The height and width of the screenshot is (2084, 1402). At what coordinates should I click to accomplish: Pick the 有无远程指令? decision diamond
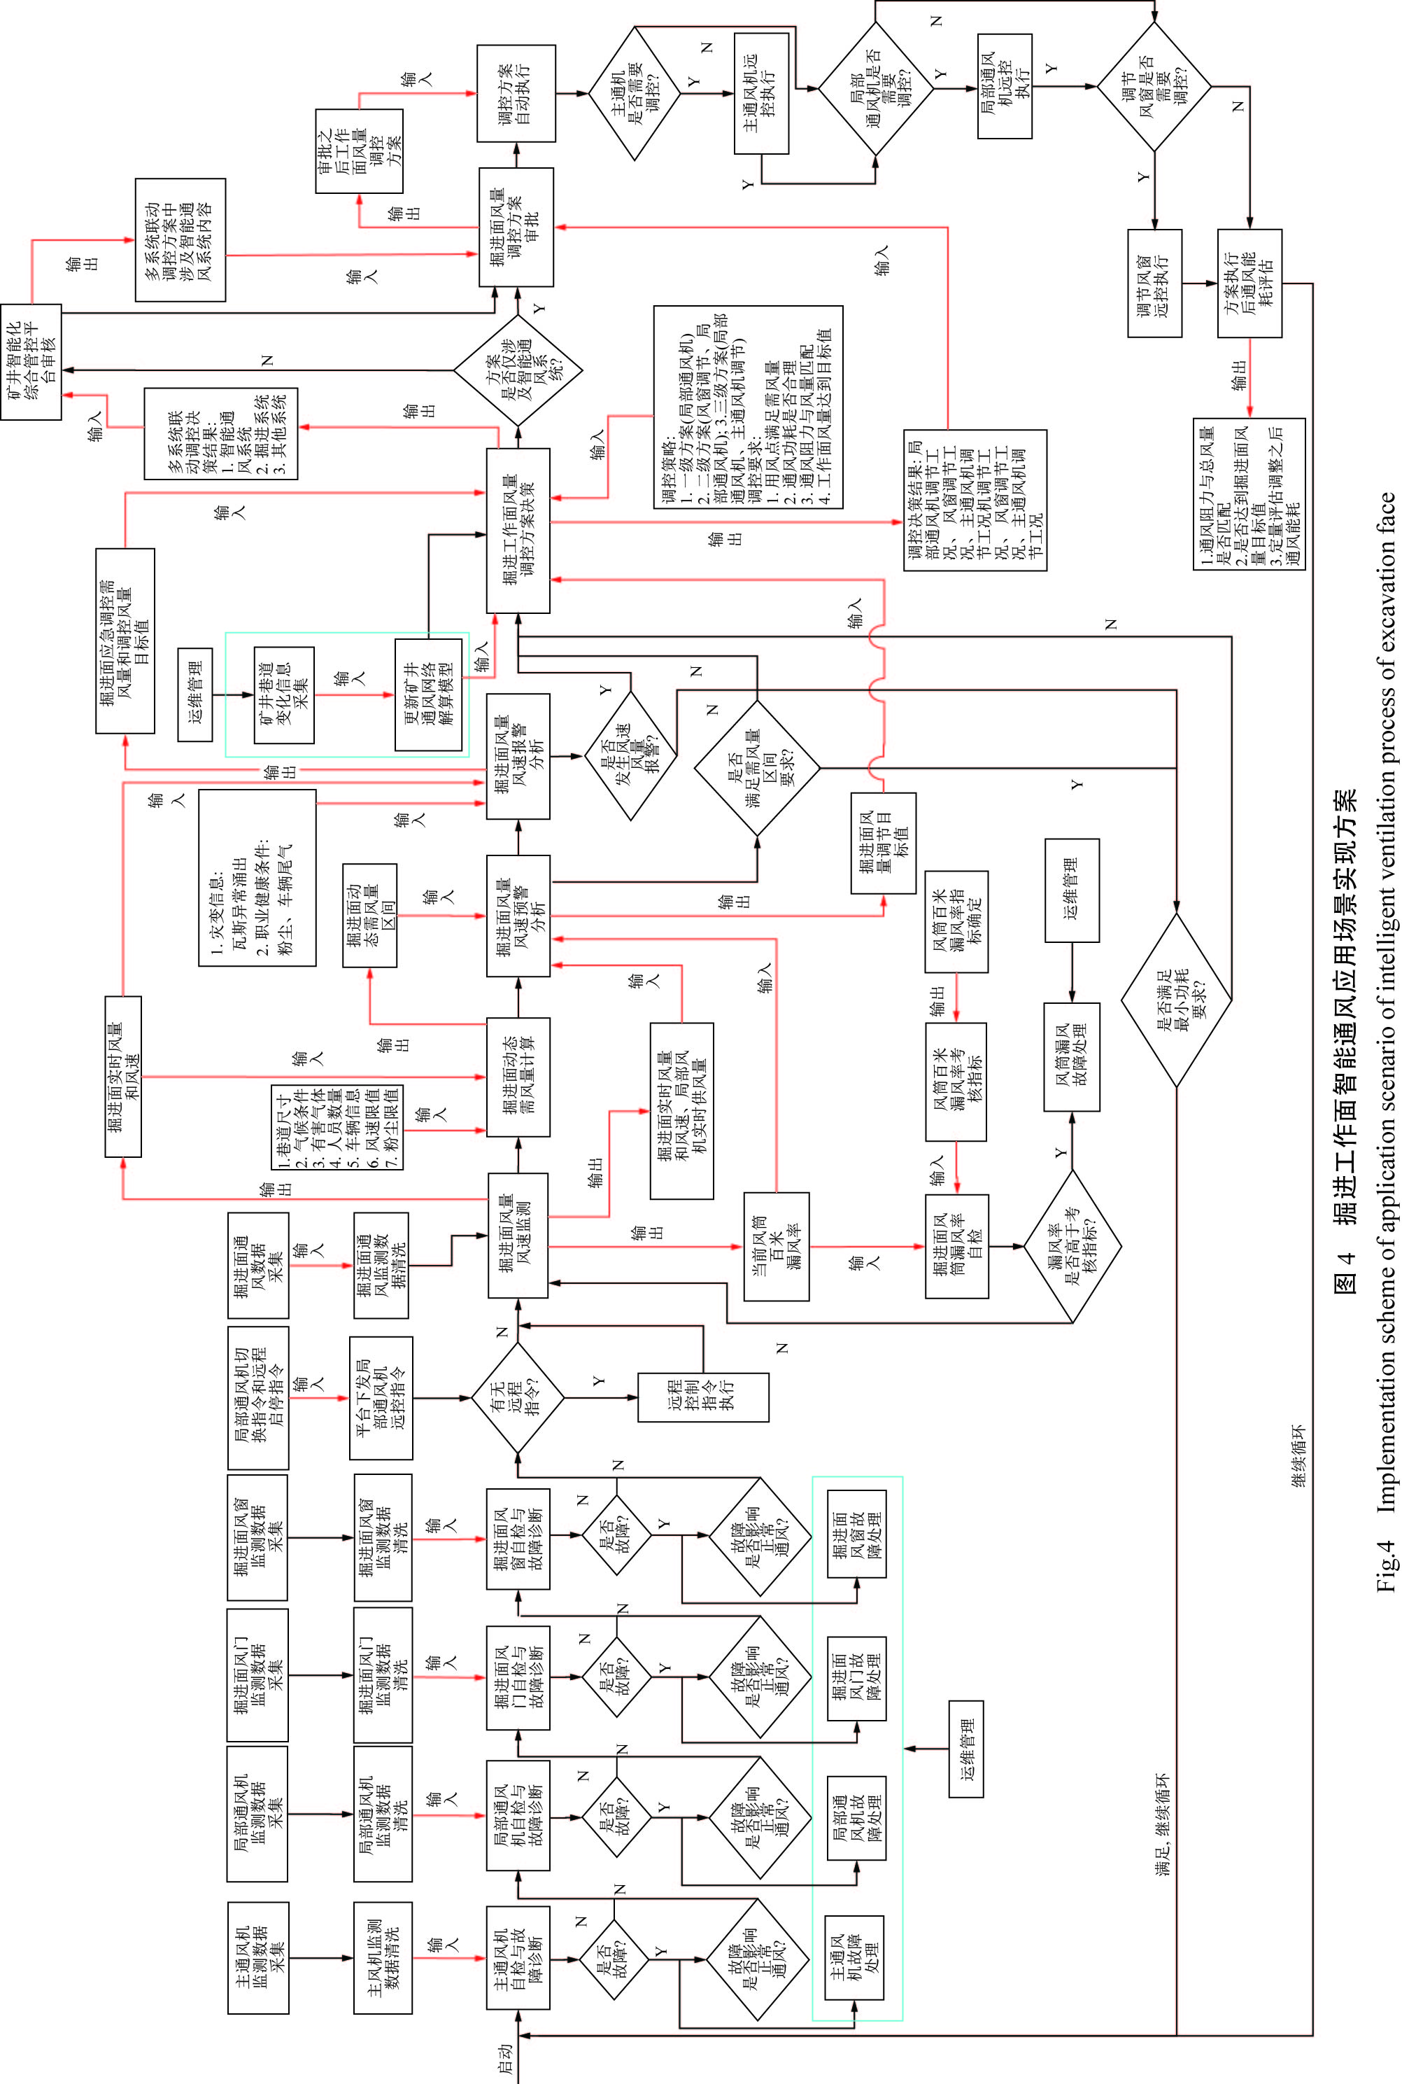point(518,1397)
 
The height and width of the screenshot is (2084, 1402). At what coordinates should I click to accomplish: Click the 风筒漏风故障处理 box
point(1071,1056)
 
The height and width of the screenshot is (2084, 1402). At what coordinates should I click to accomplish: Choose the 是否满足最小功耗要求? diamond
point(1177,999)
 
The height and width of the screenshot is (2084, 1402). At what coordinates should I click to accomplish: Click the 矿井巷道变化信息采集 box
point(283,695)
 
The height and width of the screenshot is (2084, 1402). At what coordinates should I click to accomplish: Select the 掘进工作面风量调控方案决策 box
point(518,531)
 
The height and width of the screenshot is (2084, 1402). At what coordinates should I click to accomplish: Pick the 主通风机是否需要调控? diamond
point(636,93)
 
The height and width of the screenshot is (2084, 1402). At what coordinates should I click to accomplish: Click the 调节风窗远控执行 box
point(1154,284)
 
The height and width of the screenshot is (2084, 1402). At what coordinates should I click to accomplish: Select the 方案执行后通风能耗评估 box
point(1249,284)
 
